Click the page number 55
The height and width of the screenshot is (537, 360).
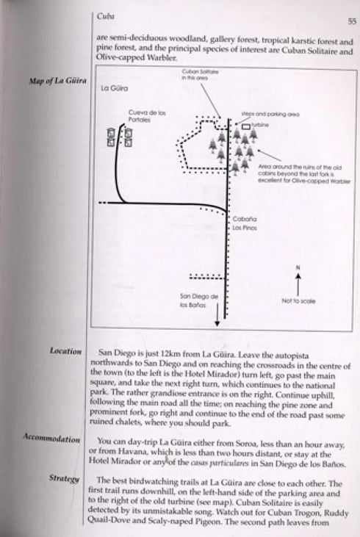click(x=351, y=22)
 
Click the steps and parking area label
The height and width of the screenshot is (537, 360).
click(x=270, y=115)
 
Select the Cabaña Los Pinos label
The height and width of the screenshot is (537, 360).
click(x=243, y=223)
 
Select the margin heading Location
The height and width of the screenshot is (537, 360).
click(x=65, y=351)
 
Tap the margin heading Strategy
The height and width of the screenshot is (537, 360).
click(x=64, y=478)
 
